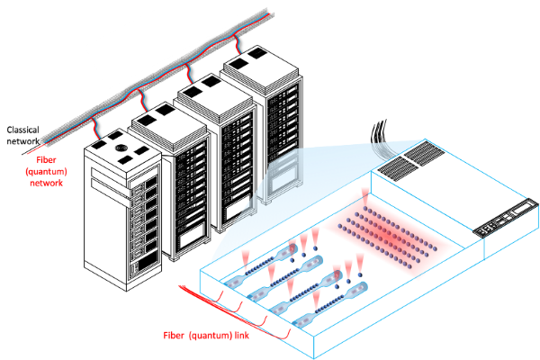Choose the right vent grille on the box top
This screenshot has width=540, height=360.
point(424,157)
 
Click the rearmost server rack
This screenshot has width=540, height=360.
point(260,117)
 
